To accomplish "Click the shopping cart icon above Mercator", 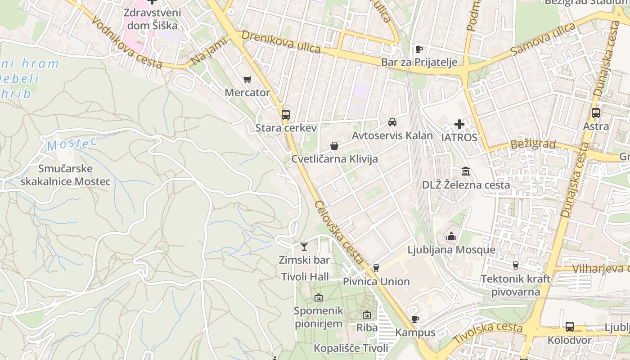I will (247, 80).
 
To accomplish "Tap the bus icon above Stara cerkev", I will (286, 115).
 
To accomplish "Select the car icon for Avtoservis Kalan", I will (392, 122).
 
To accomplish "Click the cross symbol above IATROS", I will (459, 124).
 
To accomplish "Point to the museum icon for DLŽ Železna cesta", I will (466, 171).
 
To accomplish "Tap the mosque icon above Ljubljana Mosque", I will (451, 236).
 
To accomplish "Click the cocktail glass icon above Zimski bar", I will (304, 247).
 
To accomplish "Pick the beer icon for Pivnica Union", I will (376, 268).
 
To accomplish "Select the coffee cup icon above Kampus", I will (415, 319).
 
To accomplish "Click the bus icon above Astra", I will (596, 113).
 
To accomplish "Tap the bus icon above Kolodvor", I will (569, 327).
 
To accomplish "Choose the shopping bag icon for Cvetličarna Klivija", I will (334, 146).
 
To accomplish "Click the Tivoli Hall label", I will (305, 277).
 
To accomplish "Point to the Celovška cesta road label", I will (339, 233).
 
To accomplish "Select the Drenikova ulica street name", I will (281, 42).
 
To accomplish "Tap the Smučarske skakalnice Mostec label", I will (65, 175).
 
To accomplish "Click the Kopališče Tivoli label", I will (351, 348).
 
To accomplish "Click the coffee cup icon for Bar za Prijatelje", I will (419, 49).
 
